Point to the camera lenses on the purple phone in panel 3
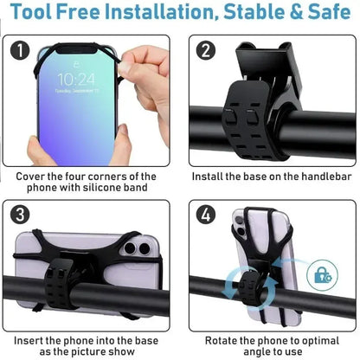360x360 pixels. pyautogui.click(x=135, y=250)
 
